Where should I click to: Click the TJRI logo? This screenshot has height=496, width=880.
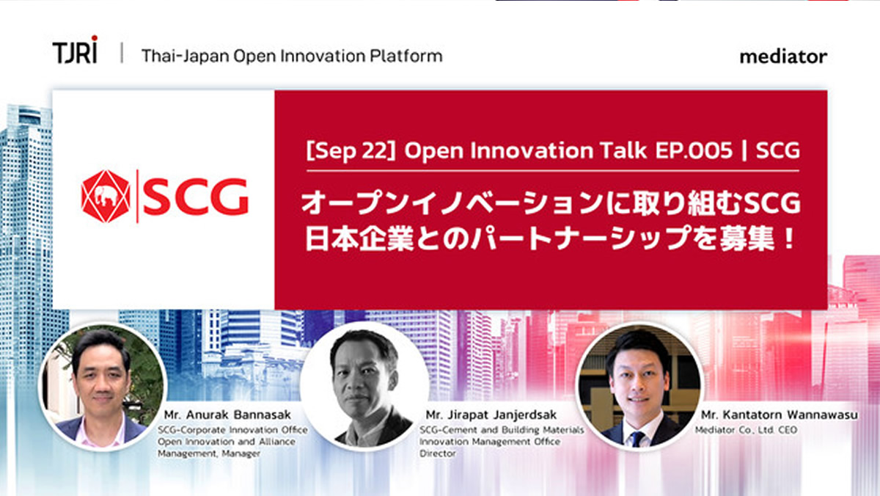(75, 50)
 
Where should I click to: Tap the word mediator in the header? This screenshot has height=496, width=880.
(783, 56)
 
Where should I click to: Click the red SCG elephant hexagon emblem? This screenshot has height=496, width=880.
(106, 196)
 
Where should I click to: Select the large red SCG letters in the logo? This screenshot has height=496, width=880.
(196, 197)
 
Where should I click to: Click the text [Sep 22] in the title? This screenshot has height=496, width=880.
(351, 150)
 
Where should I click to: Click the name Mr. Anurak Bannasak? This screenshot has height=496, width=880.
(227, 415)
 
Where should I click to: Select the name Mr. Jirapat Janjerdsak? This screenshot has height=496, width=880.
(491, 415)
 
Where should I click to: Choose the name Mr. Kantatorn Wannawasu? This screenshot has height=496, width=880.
(780, 415)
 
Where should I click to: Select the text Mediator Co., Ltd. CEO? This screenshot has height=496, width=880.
(746, 430)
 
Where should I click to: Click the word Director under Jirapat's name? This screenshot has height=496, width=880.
(438, 453)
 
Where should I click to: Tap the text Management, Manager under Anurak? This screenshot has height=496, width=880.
(209, 454)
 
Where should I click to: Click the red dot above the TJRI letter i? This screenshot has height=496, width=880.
(95, 38)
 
